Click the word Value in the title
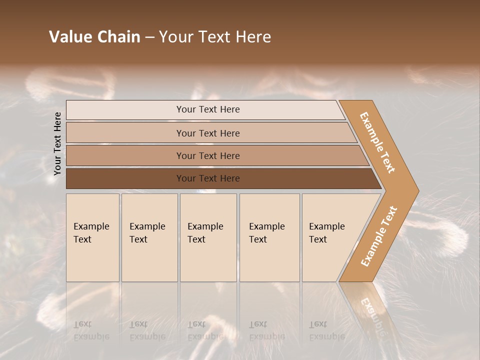(x=71, y=37)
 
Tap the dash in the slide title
(x=149, y=37)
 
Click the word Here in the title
(x=253, y=37)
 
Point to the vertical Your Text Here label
(x=57, y=143)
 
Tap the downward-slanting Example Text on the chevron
(x=377, y=142)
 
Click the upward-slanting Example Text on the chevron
(x=379, y=236)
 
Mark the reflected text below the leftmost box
(x=91, y=331)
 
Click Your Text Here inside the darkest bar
(x=208, y=178)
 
